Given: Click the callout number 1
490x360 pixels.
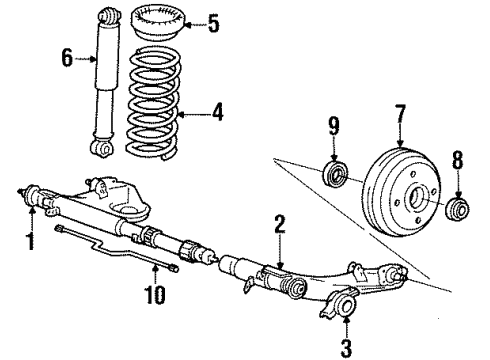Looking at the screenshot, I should (x=30, y=241).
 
